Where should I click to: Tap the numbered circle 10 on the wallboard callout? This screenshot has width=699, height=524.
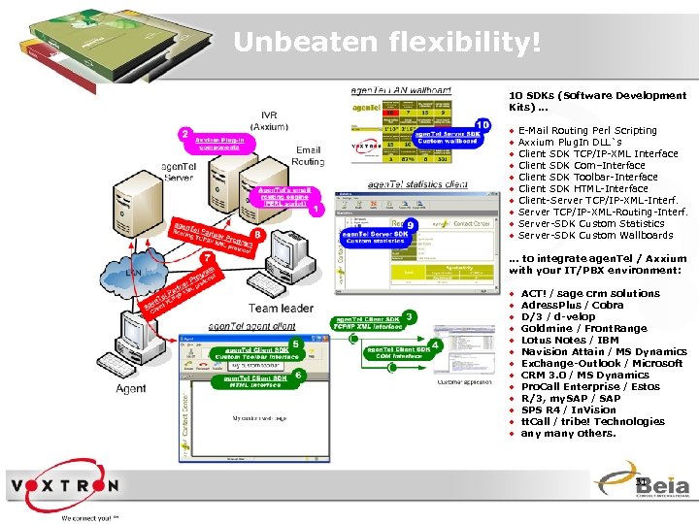(x=483, y=125)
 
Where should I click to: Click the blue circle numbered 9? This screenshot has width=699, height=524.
(x=412, y=224)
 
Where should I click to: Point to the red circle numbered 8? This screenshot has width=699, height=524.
(x=258, y=233)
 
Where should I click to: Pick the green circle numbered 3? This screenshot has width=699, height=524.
(x=411, y=316)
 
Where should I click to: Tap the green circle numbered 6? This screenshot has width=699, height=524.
(x=300, y=375)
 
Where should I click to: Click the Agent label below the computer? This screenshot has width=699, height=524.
(x=131, y=388)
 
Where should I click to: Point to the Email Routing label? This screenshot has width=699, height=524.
(x=309, y=156)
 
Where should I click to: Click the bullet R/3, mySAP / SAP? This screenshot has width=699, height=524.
(x=571, y=398)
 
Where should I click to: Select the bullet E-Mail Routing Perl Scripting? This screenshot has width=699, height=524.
(x=587, y=130)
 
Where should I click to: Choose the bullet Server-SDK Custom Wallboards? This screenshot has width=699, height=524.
(x=595, y=235)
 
